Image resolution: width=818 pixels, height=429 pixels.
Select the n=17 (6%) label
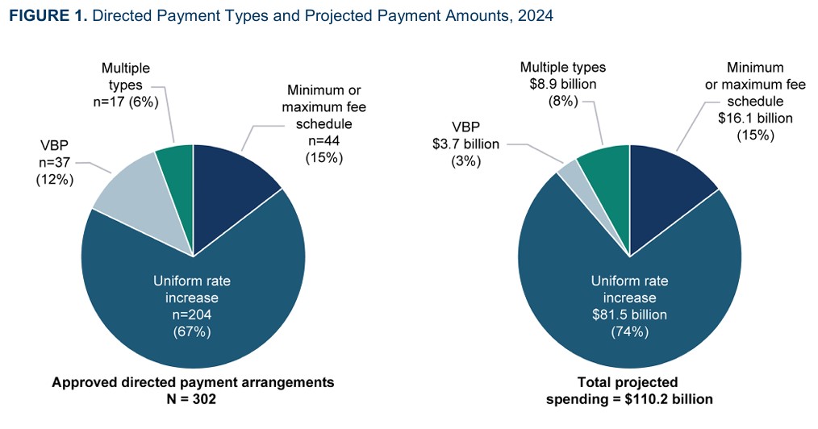(126, 102)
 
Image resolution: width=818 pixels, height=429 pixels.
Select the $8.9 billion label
(562, 85)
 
